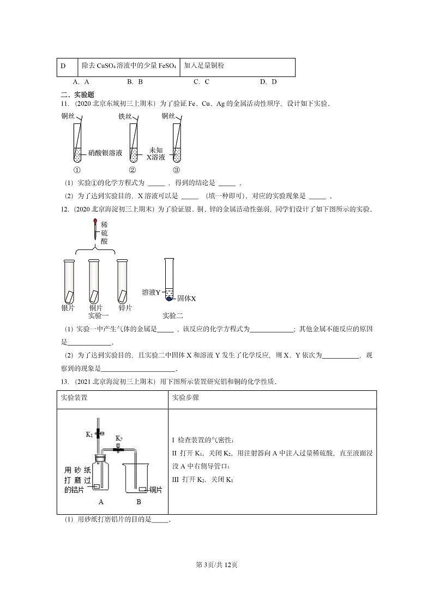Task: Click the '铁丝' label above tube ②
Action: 125,116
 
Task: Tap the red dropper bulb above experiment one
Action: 96,222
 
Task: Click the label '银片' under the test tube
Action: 68,308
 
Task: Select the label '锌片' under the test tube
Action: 125,308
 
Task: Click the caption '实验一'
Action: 99,316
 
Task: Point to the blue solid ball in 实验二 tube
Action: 169,299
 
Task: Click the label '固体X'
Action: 186,299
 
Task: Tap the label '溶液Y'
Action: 151,292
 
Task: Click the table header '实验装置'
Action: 74,398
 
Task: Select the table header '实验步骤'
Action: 185,398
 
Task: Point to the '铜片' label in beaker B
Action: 155,490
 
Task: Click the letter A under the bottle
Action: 101,502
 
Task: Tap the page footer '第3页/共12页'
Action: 216,564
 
